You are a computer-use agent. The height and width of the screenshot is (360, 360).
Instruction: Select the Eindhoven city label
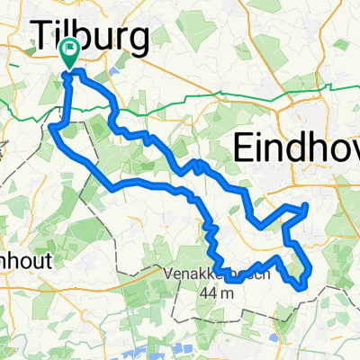click(x=296, y=148)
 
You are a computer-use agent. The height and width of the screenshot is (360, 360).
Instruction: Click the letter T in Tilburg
click(x=46, y=37)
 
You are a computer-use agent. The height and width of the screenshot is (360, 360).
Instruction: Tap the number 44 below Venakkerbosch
click(x=207, y=292)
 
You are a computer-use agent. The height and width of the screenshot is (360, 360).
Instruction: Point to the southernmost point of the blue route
click(x=300, y=288)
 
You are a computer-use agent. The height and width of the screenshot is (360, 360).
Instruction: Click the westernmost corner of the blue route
click(x=51, y=129)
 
